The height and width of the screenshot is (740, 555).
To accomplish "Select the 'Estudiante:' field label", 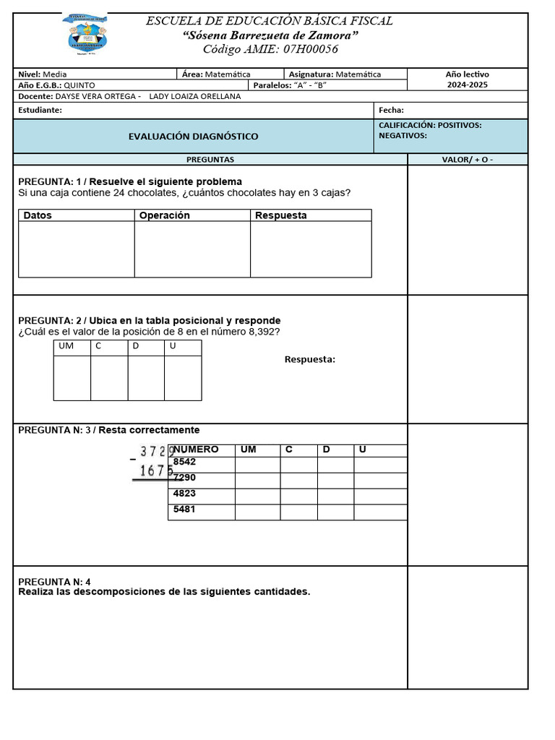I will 40,111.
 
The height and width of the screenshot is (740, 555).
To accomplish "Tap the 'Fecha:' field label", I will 391,111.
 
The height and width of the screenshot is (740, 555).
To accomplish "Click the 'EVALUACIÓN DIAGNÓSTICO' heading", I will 193,137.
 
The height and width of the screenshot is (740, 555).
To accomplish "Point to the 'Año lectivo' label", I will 467,74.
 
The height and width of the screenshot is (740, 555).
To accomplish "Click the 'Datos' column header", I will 38,215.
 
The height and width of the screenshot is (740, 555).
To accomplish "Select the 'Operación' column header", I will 165,215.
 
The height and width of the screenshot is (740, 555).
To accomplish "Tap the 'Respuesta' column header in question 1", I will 281,215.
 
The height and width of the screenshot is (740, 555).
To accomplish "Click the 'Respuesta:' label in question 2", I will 310,360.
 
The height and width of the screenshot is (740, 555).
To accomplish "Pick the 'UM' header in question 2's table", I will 66,347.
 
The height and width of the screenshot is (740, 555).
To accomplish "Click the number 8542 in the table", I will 185,462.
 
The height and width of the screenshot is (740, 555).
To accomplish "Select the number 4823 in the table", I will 185,494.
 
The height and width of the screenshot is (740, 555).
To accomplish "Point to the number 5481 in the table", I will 185,509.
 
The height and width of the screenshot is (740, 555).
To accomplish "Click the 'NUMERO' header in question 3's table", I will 197,449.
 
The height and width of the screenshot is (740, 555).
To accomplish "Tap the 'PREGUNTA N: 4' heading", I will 55,582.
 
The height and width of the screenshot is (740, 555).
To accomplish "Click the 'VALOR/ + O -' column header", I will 468,160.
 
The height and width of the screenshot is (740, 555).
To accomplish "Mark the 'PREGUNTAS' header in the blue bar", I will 210,160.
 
